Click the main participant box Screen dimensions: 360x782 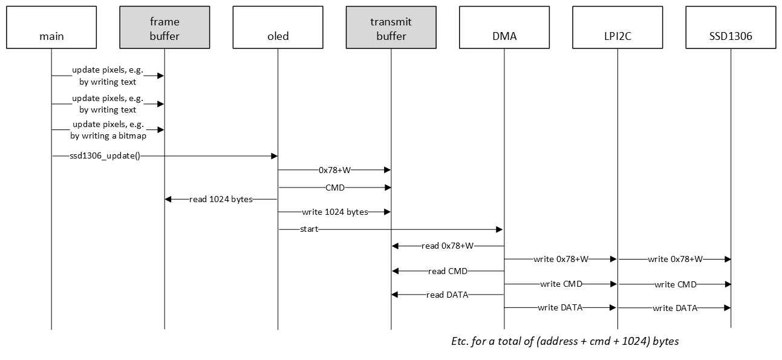point(51,27)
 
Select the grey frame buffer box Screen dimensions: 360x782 point(165,27)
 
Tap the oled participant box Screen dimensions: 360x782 point(278,27)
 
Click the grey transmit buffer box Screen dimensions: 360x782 point(391,27)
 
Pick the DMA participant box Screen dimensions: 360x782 point(504,27)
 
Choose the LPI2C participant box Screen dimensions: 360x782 point(617,27)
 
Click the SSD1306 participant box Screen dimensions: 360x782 point(730,27)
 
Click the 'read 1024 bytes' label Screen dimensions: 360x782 point(221,199)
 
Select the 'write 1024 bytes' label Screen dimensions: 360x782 point(334,212)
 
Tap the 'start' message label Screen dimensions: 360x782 point(308,230)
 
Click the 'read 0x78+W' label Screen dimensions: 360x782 point(448,246)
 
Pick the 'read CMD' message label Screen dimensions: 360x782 point(448,271)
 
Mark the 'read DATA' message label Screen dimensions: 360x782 point(448,295)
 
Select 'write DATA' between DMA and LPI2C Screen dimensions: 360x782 point(560,307)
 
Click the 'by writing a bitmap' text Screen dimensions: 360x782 point(108,136)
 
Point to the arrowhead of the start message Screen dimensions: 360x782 point(500,230)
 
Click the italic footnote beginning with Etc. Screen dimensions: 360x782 point(565,341)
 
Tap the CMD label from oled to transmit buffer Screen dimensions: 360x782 point(334,188)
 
